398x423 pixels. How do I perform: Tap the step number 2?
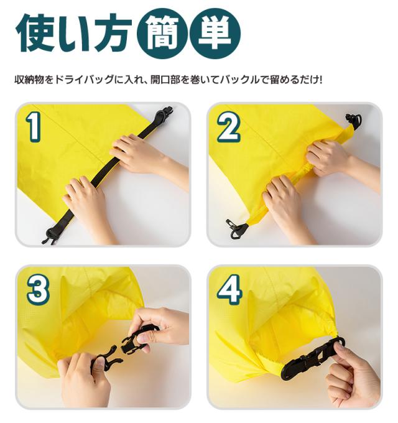[x=228, y=128]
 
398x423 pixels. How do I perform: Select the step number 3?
[x=37, y=290]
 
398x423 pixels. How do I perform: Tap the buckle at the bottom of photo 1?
[x=50, y=235]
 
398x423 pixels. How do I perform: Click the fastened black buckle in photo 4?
[x=309, y=360]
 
